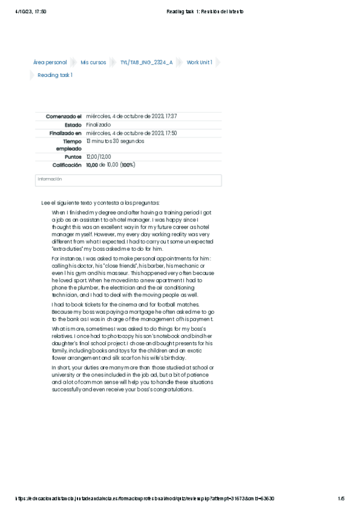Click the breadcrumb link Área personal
pyautogui.click(x=50, y=63)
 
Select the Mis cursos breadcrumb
pyautogui.click(x=93, y=63)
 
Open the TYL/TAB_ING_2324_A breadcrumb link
pyautogui.click(x=147, y=63)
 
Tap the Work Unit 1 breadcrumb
pyautogui.click(x=200, y=63)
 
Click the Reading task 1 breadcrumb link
pyautogui.click(x=55, y=75)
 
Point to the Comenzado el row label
pyautogui.click(x=64, y=116)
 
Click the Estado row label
pyautogui.click(x=73, y=124)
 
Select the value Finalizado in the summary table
pyautogui.click(x=99, y=124)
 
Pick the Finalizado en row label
pyautogui.click(x=66, y=133)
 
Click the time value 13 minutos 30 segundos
pyautogui.click(x=115, y=141)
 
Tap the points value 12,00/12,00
pyautogui.click(x=99, y=157)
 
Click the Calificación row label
pyautogui.click(x=67, y=165)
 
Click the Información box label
pyautogui.click(x=50, y=179)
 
